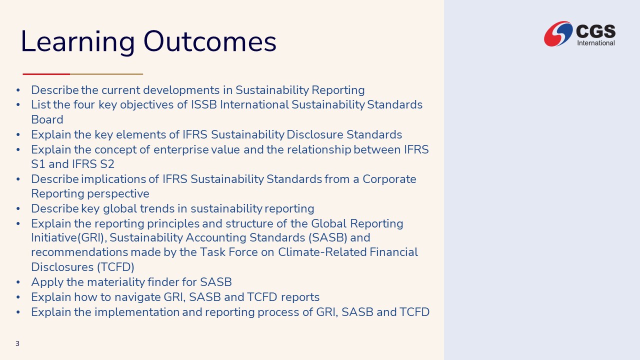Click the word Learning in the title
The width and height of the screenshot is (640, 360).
pos(77,42)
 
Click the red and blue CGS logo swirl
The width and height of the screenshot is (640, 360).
pos(558,33)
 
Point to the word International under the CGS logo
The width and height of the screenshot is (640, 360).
pos(596,43)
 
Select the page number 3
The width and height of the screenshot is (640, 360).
pos(17,343)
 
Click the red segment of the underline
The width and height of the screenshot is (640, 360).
pos(46,74)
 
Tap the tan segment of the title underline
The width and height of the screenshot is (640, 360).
pos(106,74)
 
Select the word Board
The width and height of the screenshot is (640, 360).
pos(47,119)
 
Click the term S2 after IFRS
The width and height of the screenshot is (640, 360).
pos(107,164)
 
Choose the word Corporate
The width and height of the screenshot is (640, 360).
pos(389,179)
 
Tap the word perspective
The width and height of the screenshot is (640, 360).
pos(118,194)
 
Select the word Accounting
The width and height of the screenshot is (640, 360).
pos(216,237)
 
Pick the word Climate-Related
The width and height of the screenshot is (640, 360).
pos(322,252)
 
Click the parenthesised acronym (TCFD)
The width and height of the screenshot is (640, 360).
pos(115,267)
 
